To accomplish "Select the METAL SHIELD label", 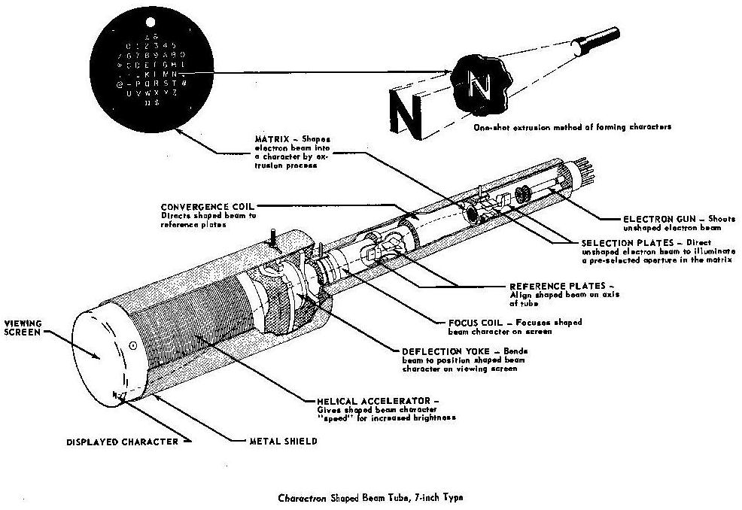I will pyautogui.click(x=283, y=441).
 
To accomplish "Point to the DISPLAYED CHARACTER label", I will pyautogui.click(x=121, y=442).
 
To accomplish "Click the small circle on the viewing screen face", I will pyautogui.click(x=132, y=346).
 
